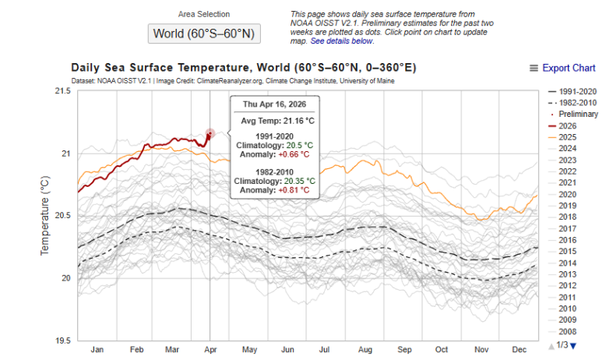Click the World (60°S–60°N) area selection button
click(203, 34)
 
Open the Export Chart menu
click(562, 69)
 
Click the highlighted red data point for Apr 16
click(210, 133)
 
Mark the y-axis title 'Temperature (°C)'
click(44, 216)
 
